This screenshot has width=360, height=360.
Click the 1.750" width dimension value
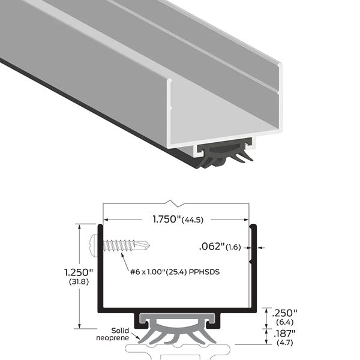167,219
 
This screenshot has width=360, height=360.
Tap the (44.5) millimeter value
193,220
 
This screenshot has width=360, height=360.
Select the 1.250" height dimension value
79,272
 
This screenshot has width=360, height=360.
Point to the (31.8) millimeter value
79,282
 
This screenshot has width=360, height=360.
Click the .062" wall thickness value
212,247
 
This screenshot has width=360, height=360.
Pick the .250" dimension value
284,313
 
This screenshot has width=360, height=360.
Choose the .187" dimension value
284,334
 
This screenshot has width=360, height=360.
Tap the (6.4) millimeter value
284,322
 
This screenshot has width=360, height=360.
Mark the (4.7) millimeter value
284,343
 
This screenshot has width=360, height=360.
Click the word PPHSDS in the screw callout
204,272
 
